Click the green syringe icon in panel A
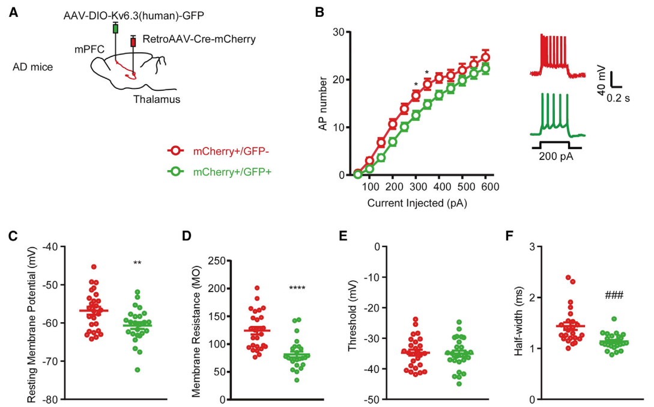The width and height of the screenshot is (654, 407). pyautogui.click(x=115, y=28)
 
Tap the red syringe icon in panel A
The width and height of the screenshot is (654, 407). pyautogui.click(x=133, y=42)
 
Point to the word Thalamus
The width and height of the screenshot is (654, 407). pyautogui.click(x=157, y=99)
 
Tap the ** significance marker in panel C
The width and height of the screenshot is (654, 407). pyautogui.click(x=138, y=263)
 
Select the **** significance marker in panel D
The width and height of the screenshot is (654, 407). pyautogui.click(x=297, y=288)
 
